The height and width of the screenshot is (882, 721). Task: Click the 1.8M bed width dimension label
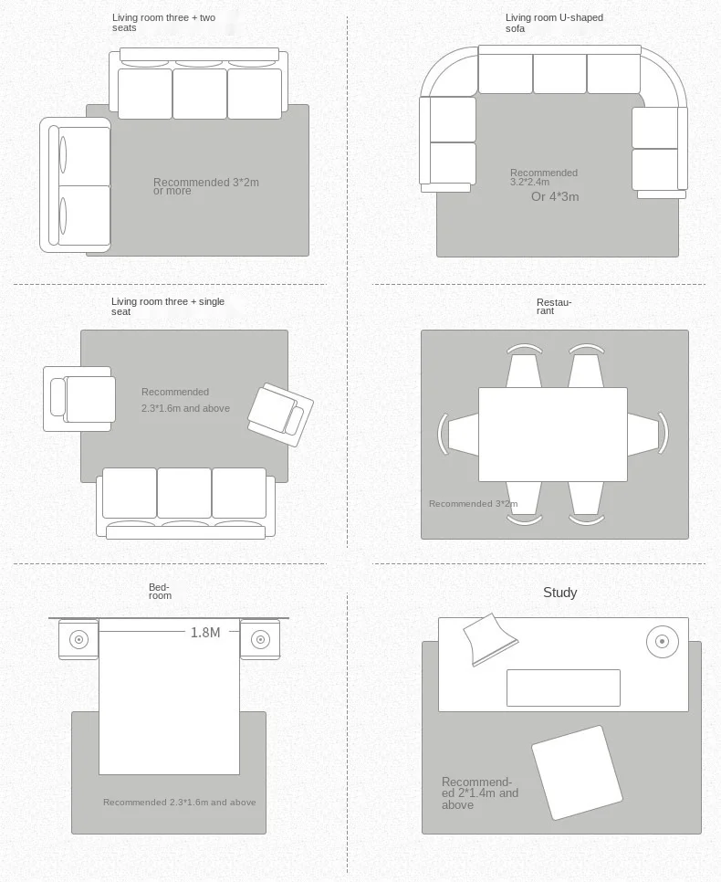205,632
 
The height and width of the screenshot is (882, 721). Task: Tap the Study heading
560,593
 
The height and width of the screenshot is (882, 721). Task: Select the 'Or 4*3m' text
555,197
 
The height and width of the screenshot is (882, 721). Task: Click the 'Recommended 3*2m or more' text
206,186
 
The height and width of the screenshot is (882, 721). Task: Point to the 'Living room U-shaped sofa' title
554,23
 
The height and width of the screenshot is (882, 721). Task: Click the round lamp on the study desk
662,641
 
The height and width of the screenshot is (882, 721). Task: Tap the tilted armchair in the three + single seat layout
280,415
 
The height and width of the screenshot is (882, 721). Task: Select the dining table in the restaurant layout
553,435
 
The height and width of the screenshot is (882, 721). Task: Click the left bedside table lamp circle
78,639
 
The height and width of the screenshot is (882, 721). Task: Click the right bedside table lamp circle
260,639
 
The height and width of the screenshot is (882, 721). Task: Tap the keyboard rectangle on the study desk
563,688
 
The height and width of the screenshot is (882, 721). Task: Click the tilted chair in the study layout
577,772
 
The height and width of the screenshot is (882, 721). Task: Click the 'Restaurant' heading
553,307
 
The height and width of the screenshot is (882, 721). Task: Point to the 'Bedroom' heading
161,591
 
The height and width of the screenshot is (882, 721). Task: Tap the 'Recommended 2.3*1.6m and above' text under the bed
180,803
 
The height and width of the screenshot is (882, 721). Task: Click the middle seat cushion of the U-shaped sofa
559,73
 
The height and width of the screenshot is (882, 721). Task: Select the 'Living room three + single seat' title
168,307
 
